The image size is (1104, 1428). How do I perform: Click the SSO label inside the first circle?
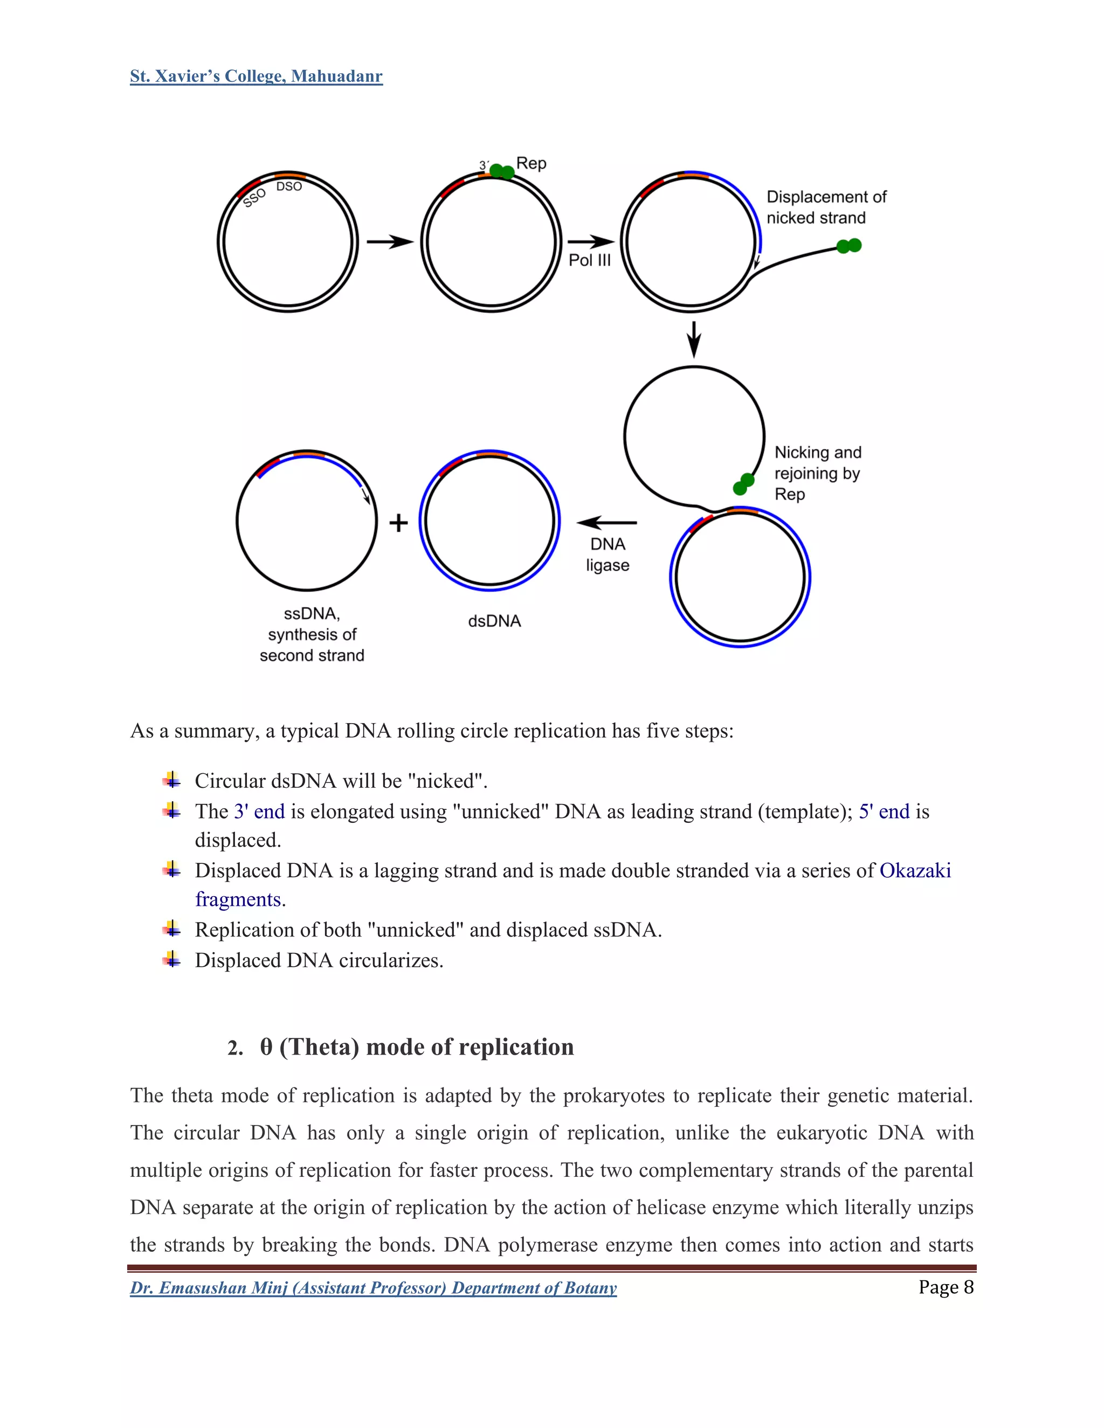tap(254, 197)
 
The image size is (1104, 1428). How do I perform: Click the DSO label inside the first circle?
tap(289, 186)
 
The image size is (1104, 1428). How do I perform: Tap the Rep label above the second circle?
tap(531, 163)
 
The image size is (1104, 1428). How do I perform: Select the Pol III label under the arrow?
tap(589, 260)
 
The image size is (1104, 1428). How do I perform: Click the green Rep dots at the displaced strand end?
tap(849, 246)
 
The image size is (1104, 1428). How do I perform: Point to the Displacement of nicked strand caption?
tap(825, 207)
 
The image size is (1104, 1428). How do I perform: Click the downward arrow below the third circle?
tap(694, 339)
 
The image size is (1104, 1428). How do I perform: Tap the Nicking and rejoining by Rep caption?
tap(818, 473)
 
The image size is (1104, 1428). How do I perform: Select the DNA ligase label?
tap(608, 554)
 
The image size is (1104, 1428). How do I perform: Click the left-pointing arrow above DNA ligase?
tap(607, 522)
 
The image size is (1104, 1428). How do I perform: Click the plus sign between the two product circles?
tap(398, 523)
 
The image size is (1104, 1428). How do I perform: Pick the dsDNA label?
tap(494, 621)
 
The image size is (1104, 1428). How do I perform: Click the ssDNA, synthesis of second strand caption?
tap(312, 634)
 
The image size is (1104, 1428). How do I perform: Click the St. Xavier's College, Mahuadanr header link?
tap(256, 77)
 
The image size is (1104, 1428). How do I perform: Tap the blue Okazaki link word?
tap(914, 871)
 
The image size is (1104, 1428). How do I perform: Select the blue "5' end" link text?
tap(884, 812)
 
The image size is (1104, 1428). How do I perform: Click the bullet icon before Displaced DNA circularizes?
tap(172, 959)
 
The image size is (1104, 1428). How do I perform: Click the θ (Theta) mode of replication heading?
tap(417, 1047)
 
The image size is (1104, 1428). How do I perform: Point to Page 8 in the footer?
tap(946, 1287)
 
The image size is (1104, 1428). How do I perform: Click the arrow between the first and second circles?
tap(390, 242)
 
